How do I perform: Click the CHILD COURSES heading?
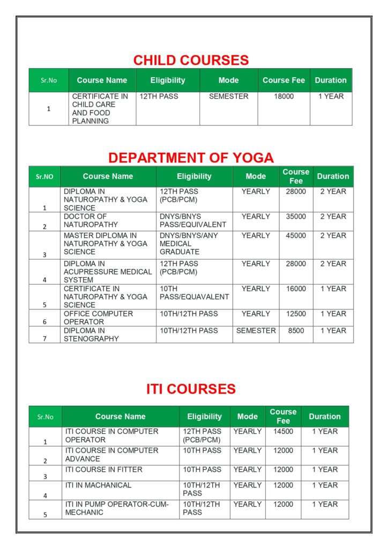click(191, 60)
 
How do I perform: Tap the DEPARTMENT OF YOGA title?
click(191, 158)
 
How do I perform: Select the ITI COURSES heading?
click(191, 389)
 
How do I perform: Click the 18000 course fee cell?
click(284, 97)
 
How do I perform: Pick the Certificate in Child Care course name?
click(100, 108)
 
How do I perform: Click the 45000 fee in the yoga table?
click(296, 235)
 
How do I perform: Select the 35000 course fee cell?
click(296, 217)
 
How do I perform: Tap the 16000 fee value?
click(296, 288)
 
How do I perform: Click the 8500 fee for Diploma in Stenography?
click(296, 331)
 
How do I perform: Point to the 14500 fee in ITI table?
click(283, 431)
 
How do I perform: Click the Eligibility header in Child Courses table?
click(168, 80)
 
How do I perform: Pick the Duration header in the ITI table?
click(324, 417)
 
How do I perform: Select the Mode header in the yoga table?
click(256, 176)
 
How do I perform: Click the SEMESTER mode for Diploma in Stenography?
click(256, 331)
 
